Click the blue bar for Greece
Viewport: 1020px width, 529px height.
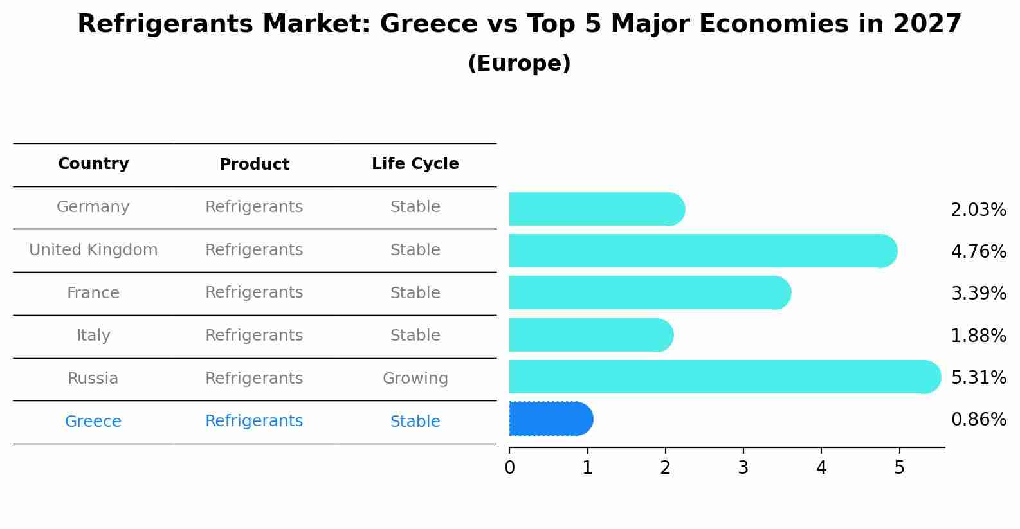pos(550,419)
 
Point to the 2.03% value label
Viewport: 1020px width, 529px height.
pos(978,210)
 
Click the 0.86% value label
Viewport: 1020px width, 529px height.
pos(978,420)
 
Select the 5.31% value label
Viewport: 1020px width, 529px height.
pos(978,377)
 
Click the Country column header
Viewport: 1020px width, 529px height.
pos(93,164)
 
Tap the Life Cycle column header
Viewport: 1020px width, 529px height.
pos(415,164)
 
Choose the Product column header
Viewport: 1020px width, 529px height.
pos(254,165)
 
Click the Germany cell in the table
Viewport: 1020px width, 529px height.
pos(93,207)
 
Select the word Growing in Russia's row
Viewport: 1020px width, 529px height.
pos(415,379)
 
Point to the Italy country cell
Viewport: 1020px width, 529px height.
pos(93,336)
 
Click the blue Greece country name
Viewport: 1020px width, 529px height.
pos(93,422)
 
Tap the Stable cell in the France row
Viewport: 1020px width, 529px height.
pos(415,293)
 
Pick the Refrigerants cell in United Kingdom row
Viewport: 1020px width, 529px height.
pos(254,250)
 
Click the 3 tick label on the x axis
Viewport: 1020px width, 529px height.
pos(743,468)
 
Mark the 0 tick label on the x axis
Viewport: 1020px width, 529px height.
pos(509,468)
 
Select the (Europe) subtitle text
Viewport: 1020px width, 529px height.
pos(519,64)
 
